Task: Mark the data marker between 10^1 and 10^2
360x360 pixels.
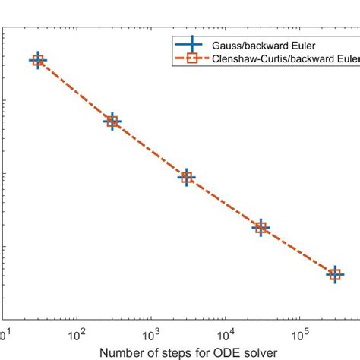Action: (x=38, y=61)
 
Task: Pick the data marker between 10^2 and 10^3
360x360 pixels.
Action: (x=112, y=122)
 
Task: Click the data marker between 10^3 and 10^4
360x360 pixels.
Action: (x=187, y=178)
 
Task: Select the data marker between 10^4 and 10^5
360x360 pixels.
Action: (x=261, y=227)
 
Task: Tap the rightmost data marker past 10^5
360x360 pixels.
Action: (x=335, y=274)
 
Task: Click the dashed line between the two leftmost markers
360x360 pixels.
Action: (x=75, y=91)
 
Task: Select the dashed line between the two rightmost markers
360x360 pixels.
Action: (x=298, y=251)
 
